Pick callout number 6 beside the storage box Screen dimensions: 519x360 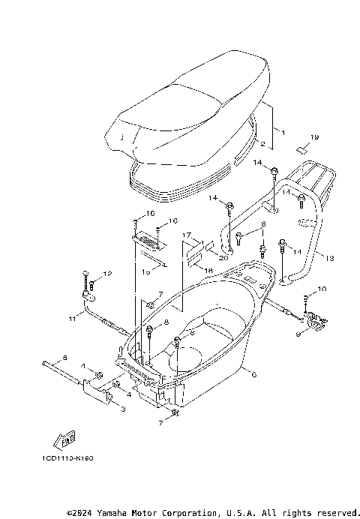click(253, 373)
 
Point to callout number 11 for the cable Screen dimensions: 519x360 click(73, 319)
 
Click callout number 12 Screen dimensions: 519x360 click(106, 273)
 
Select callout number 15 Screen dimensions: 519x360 click(146, 271)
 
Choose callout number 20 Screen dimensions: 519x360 click(223, 257)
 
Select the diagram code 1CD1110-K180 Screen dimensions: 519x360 click(64, 457)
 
